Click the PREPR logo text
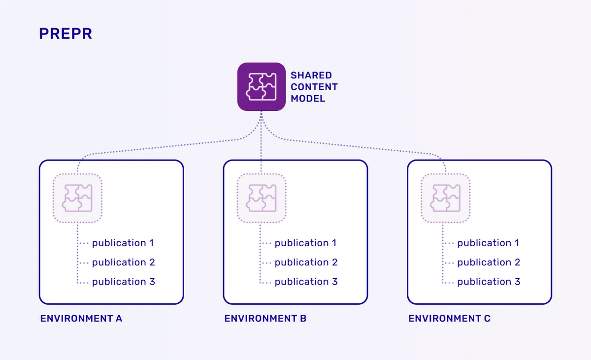click(x=66, y=34)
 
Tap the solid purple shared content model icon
click(x=262, y=87)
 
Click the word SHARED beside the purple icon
click(x=311, y=75)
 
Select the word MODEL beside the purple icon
click(x=308, y=98)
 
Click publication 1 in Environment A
click(x=123, y=243)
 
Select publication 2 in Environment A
click(x=123, y=262)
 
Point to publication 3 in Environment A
click(x=123, y=282)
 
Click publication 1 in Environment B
click(x=305, y=243)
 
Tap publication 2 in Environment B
click(x=306, y=262)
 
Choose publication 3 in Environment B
click(x=306, y=282)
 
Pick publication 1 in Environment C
click(x=488, y=243)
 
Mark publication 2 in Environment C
click(x=489, y=262)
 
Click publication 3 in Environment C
click(x=489, y=282)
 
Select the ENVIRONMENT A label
click(x=81, y=319)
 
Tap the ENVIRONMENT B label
click(x=265, y=319)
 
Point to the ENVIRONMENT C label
click(x=450, y=319)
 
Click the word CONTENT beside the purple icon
click(x=314, y=87)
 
